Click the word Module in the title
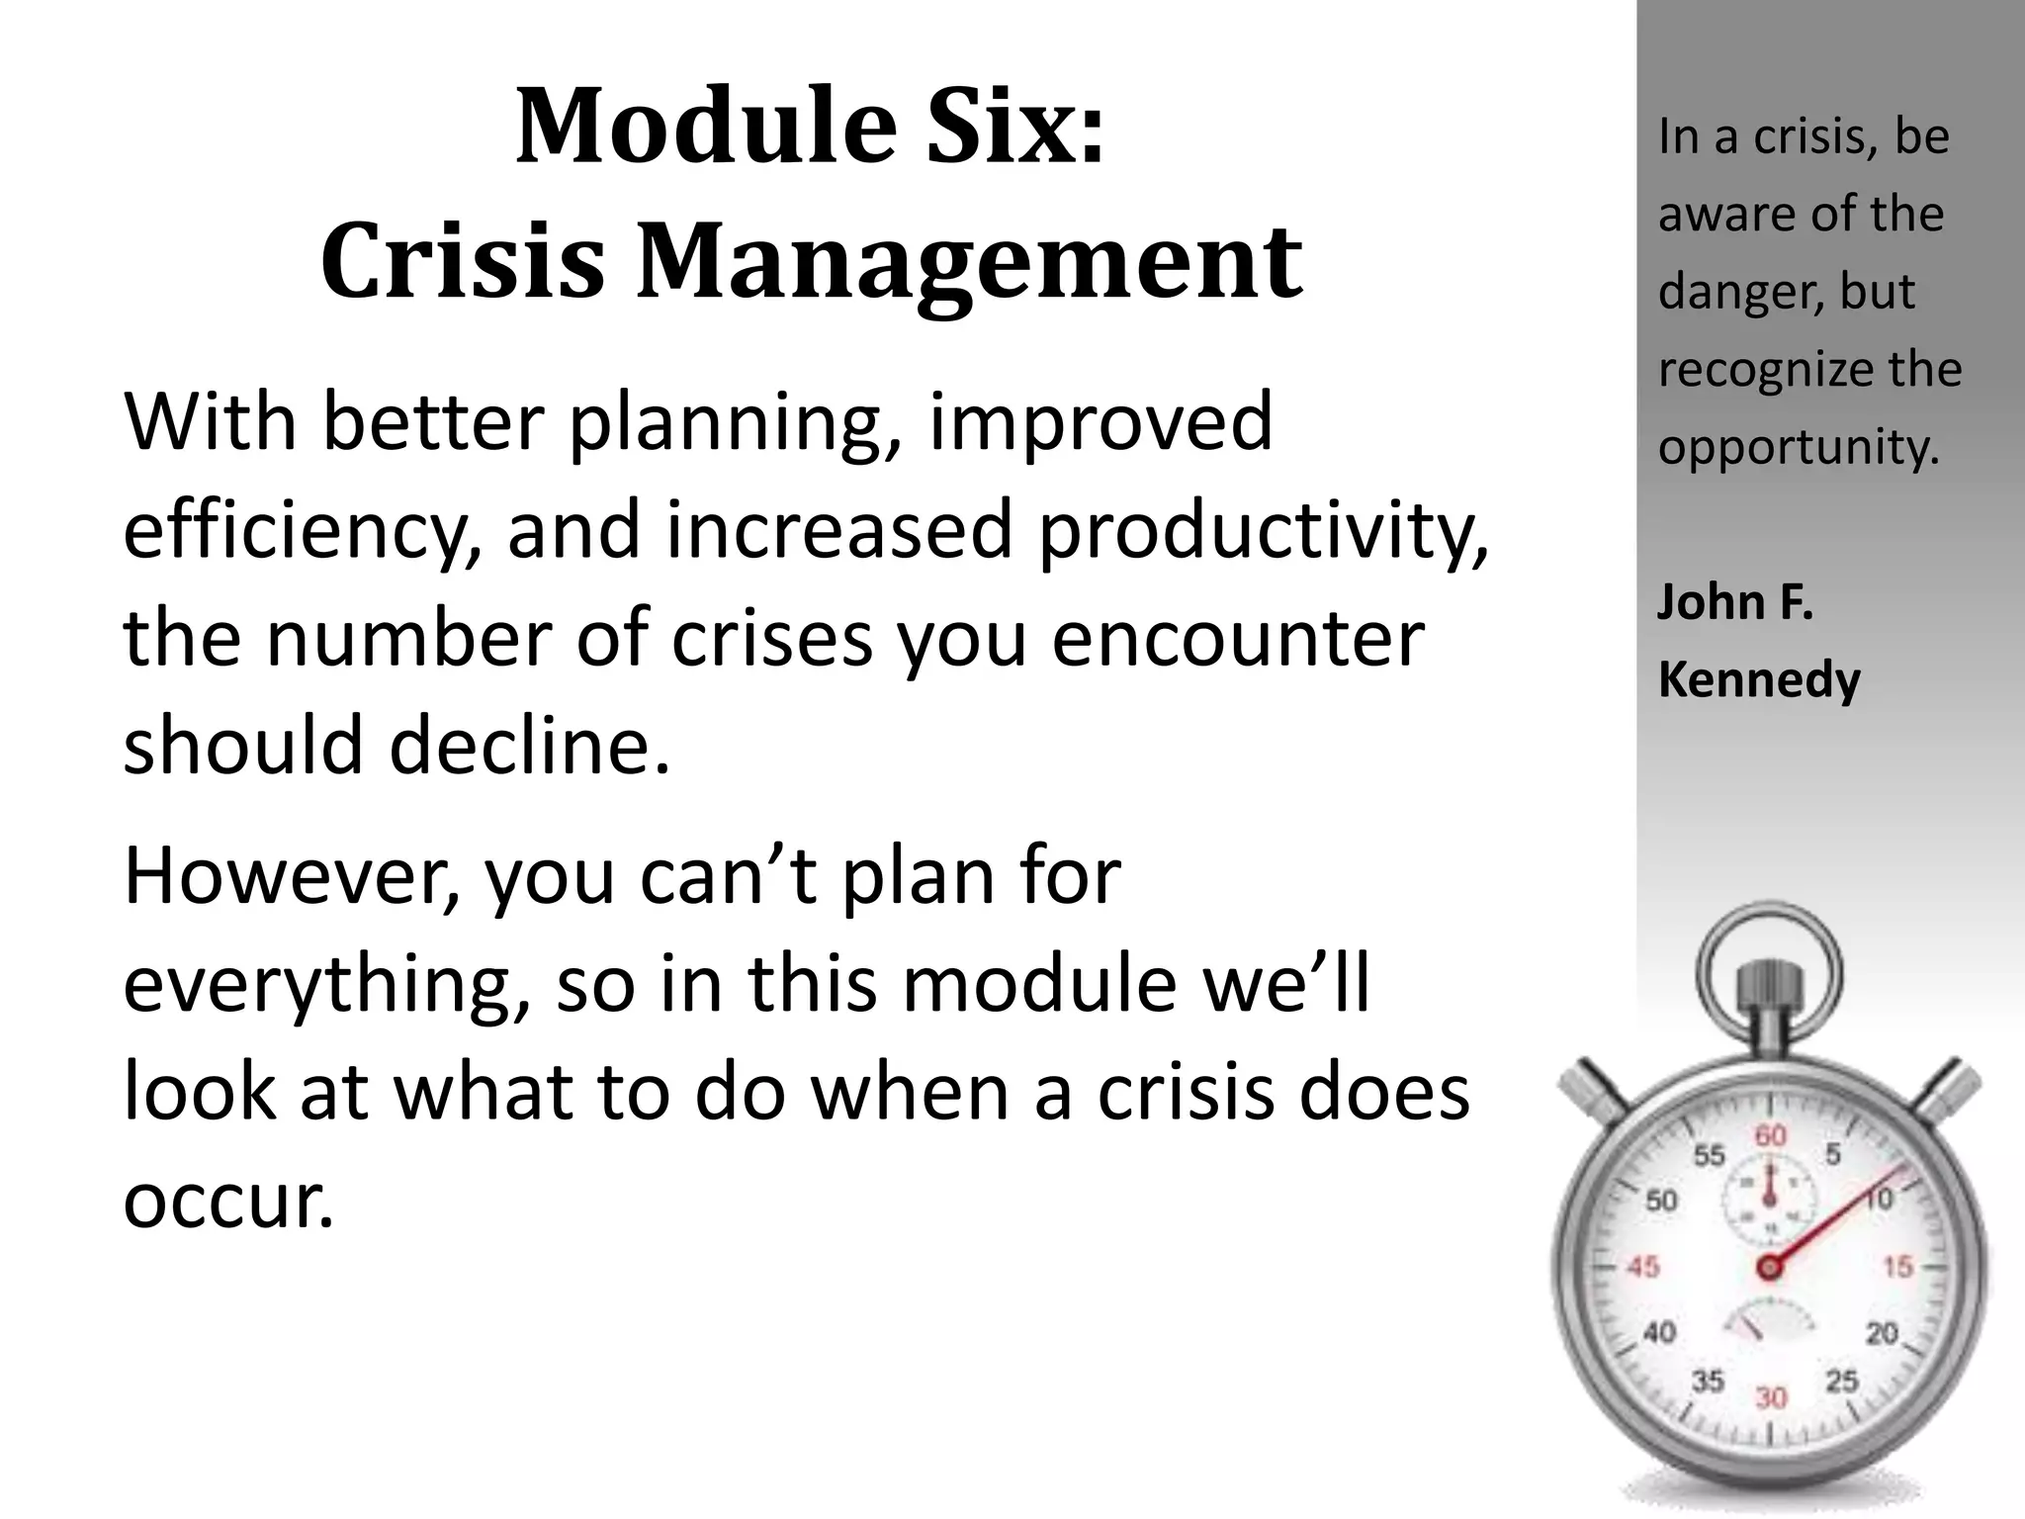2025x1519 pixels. [705, 128]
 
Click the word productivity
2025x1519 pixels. [1262, 531]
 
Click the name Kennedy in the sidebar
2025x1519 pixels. [1759, 680]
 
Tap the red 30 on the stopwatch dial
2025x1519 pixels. [1770, 1397]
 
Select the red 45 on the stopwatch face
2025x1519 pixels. [1642, 1267]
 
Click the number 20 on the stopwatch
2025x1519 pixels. [1882, 1334]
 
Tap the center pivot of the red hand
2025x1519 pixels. [1769, 1267]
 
